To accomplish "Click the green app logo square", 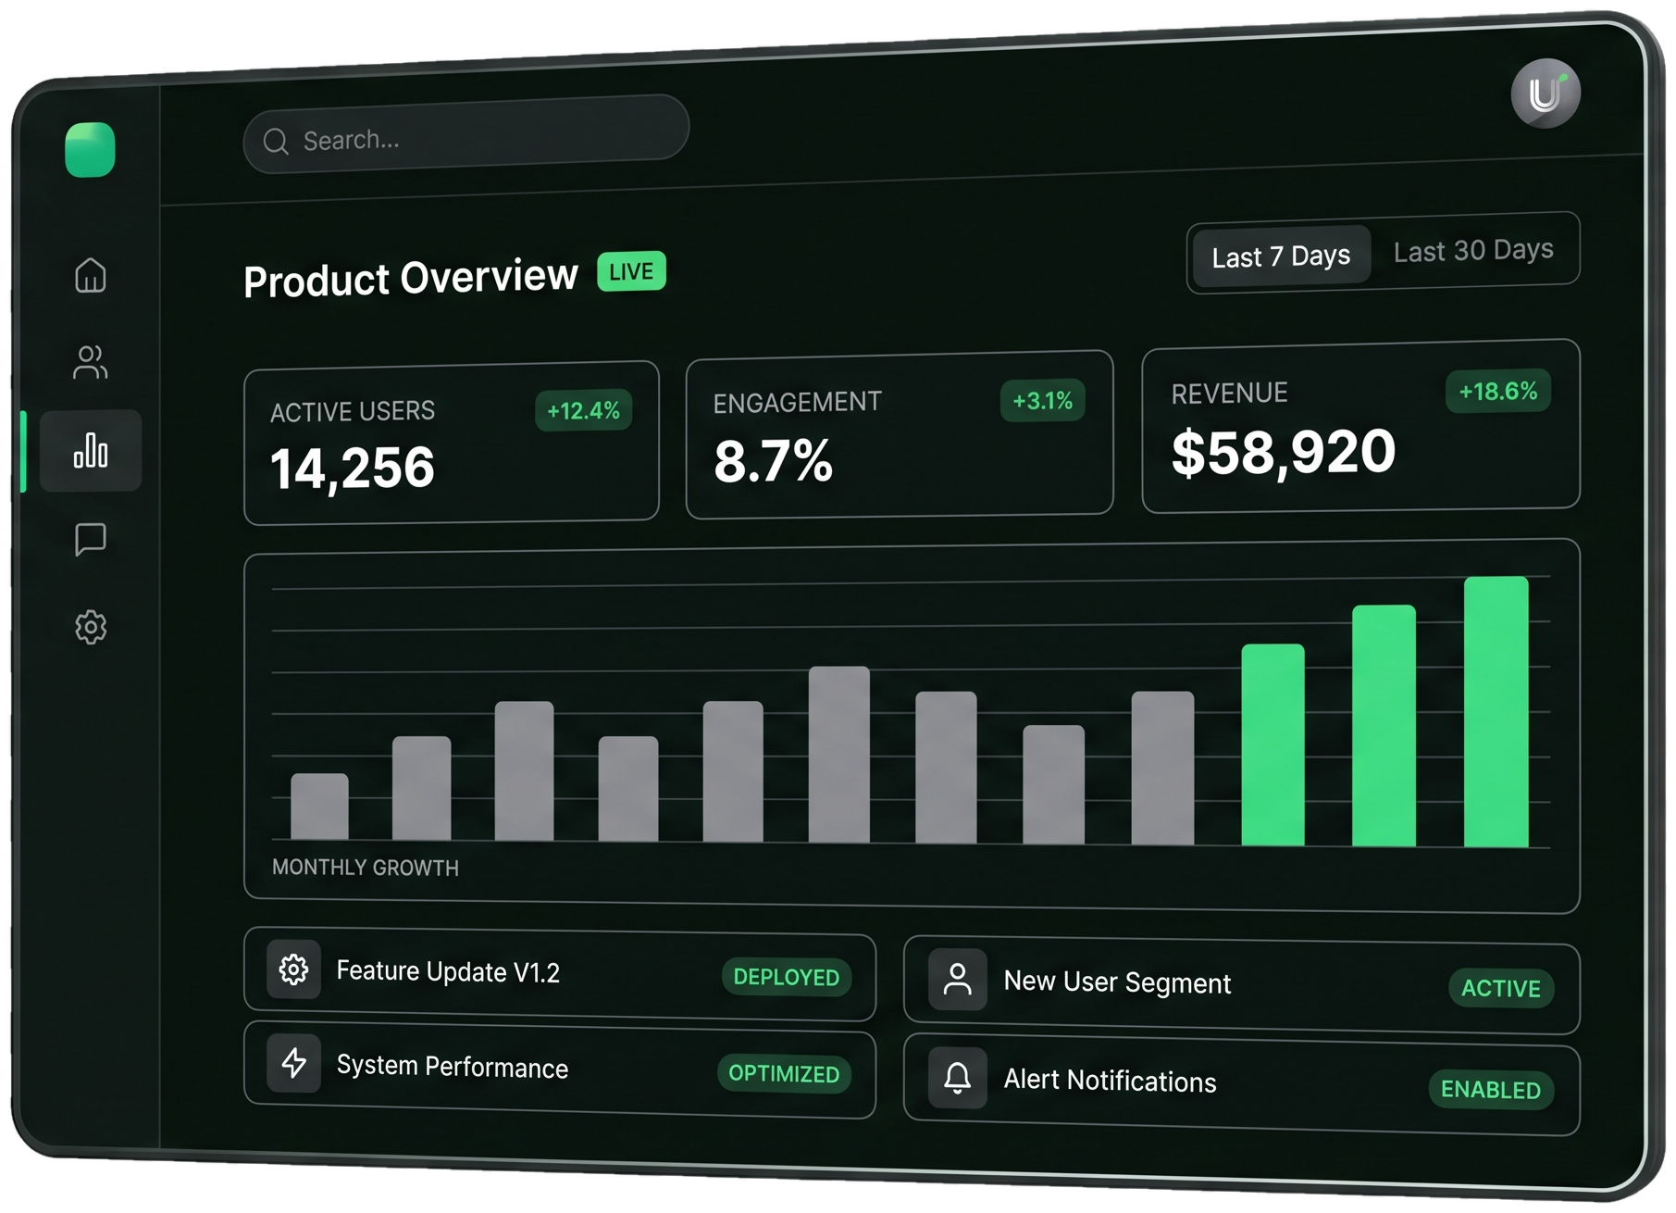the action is (x=90, y=149).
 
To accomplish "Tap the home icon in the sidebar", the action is (x=91, y=275).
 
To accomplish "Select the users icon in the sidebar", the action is (x=91, y=362).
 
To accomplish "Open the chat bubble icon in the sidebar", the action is (x=91, y=539).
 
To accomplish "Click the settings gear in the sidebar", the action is (x=91, y=627).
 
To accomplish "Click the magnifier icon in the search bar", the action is (x=276, y=141).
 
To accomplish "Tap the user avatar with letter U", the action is (x=1546, y=94).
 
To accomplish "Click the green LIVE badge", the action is (x=631, y=271).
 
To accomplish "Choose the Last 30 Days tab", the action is (x=1473, y=250).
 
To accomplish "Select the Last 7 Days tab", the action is (x=1281, y=256).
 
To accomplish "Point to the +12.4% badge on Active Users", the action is (x=583, y=410).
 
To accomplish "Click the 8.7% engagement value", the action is (x=773, y=461).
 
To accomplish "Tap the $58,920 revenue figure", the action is (x=1284, y=453).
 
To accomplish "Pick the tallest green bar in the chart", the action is (x=1496, y=711).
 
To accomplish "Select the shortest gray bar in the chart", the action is (x=319, y=807).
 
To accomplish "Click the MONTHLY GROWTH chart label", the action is (x=366, y=868).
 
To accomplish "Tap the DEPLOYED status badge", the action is (x=786, y=977).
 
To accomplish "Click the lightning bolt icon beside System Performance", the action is (x=294, y=1063).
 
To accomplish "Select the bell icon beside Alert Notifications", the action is (x=958, y=1077).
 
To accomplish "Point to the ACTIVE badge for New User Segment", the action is (x=1500, y=988).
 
